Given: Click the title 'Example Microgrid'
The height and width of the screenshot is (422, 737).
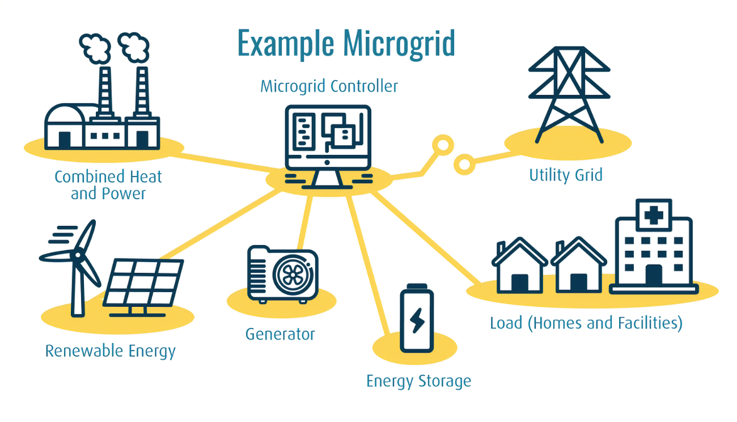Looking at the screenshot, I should point(346,43).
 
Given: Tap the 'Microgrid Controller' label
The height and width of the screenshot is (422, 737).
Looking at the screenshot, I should point(329,87).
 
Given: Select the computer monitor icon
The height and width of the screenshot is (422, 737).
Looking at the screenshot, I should point(328,139).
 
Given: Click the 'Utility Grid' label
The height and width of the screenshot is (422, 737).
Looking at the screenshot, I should point(565,175).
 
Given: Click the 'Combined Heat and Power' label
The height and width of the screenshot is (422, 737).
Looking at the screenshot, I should point(108,185).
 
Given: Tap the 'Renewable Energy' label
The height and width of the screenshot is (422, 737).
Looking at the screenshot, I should point(110,351).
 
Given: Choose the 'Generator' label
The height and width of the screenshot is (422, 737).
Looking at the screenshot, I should point(280,334).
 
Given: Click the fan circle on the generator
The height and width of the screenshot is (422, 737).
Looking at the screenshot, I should point(291,275).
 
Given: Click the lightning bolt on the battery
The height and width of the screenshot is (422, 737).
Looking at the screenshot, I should point(417,321).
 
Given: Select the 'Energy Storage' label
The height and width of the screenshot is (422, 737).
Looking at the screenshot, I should point(418,381).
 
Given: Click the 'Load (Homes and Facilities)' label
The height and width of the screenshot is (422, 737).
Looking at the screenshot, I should point(586,323).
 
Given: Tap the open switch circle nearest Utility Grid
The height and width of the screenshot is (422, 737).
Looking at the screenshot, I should point(464,165).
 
